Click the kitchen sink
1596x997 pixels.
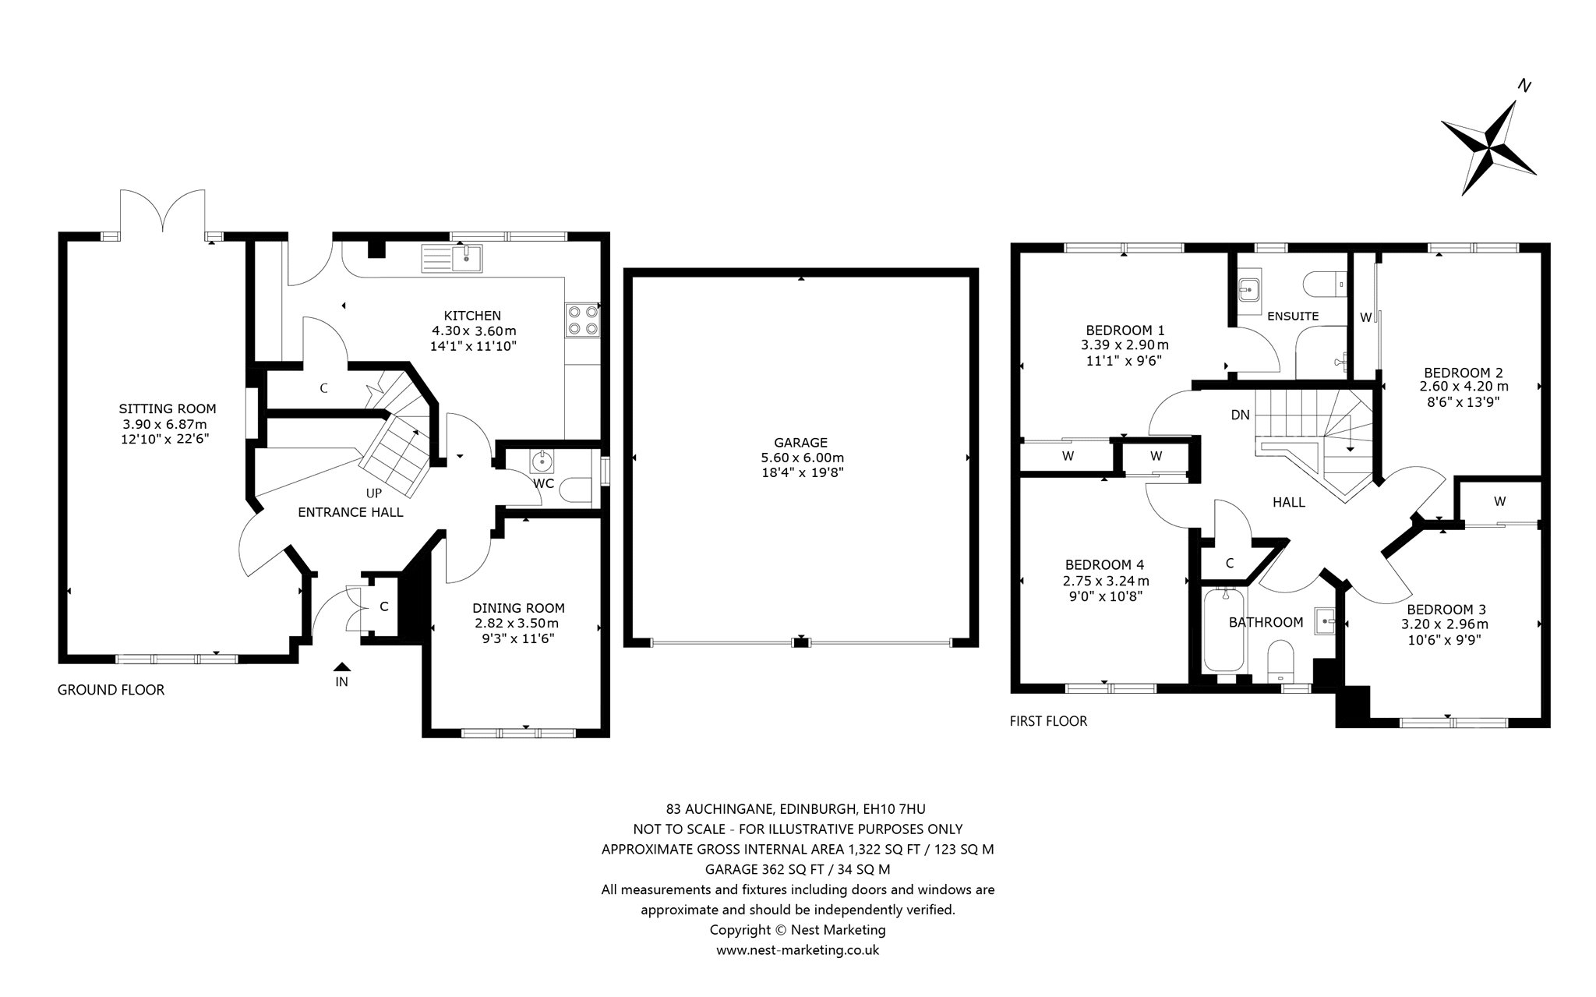[452, 258]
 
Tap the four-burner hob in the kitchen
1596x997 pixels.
[582, 320]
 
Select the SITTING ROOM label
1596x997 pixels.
[168, 408]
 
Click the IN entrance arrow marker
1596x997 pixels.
[341, 667]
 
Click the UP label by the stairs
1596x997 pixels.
[374, 493]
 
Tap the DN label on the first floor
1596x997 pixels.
[1240, 415]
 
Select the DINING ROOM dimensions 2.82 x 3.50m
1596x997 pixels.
[517, 624]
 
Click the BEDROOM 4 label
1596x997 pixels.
[1104, 564]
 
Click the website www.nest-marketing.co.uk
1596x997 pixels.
[797, 950]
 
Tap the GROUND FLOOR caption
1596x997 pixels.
[111, 690]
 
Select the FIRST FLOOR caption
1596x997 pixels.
[1048, 721]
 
